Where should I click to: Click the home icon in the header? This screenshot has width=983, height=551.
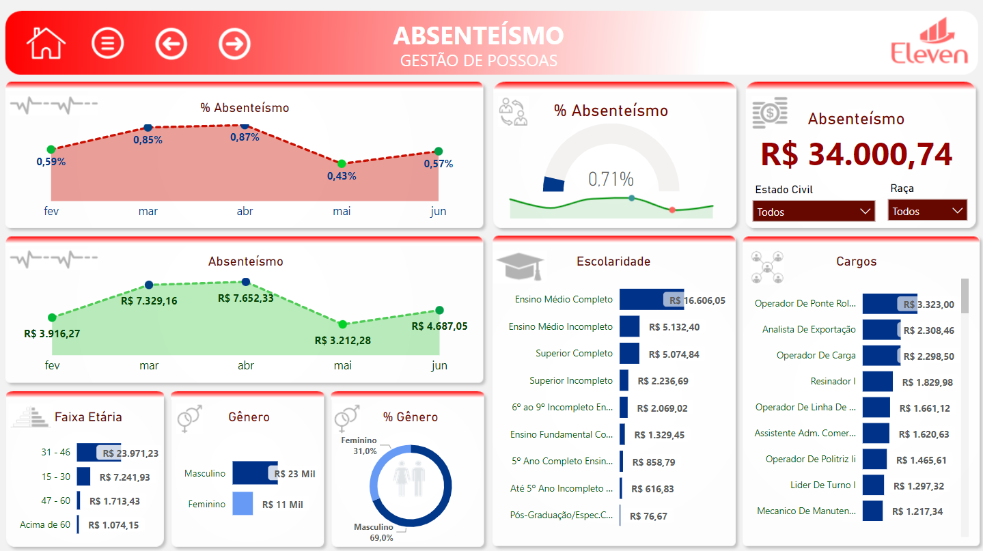[46, 43]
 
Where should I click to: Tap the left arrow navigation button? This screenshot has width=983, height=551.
[171, 44]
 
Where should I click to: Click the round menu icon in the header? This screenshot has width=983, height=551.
[108, 44]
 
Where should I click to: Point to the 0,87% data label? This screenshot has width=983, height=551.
[245, 137]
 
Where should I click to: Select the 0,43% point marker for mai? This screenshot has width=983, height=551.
[342, 164]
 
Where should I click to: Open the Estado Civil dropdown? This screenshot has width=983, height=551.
[814, 212]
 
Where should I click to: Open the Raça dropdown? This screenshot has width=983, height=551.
[927, 211]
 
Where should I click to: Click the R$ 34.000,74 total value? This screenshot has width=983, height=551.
[856, 154]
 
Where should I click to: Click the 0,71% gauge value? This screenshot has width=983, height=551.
[611, 180]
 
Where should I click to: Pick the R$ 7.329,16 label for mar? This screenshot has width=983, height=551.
[149, 300]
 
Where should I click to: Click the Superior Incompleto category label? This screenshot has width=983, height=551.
[571, 380]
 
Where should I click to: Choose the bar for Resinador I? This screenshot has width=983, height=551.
[877, 382]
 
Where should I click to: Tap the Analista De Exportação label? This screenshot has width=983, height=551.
[809, 329]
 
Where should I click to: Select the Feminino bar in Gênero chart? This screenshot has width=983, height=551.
[243, 504]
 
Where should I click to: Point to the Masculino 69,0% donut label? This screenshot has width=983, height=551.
[374, 532]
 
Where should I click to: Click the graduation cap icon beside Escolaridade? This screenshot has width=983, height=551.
[520, 266]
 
